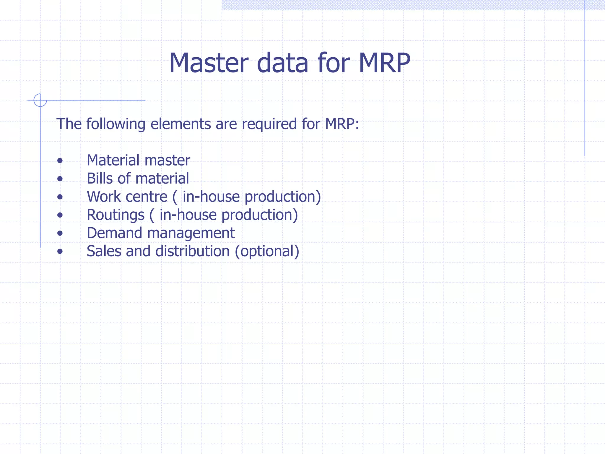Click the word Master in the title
coord(209,63)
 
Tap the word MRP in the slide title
coord(384,63)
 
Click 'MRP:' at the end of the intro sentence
coord(342,124)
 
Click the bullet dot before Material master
coord(60,161)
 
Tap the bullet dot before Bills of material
coord(60,179)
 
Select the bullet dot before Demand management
coord(60,233)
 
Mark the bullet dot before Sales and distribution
coord(60,252)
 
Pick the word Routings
coord(116,215)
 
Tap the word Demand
coord(114,233)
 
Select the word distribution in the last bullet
coord(192,251)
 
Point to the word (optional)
coord(267,252)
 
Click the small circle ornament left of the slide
coord(40,100)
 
